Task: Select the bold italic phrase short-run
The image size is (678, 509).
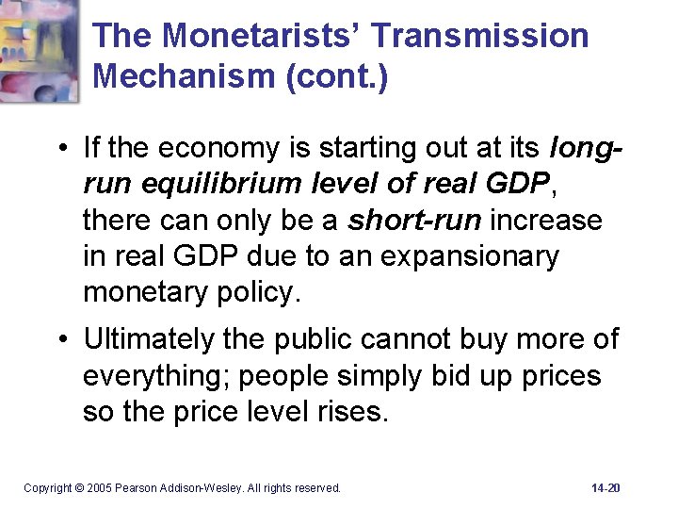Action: (414, 220)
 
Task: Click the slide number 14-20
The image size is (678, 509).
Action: (606, 487)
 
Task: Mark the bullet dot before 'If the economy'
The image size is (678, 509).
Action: (59, 149)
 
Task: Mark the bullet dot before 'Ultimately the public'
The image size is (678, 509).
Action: (59, 340)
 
